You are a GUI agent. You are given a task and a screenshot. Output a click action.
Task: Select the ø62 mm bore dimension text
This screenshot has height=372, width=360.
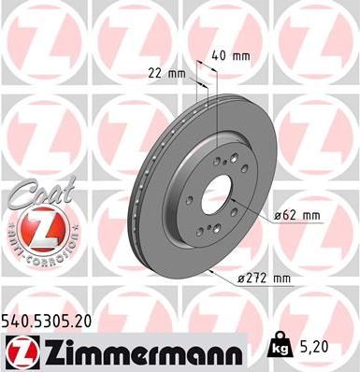point(296,216)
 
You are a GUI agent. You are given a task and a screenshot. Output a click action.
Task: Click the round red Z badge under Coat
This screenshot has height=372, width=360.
point(36,229)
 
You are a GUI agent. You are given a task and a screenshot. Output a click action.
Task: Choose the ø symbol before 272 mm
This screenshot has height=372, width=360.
point(242,279)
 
